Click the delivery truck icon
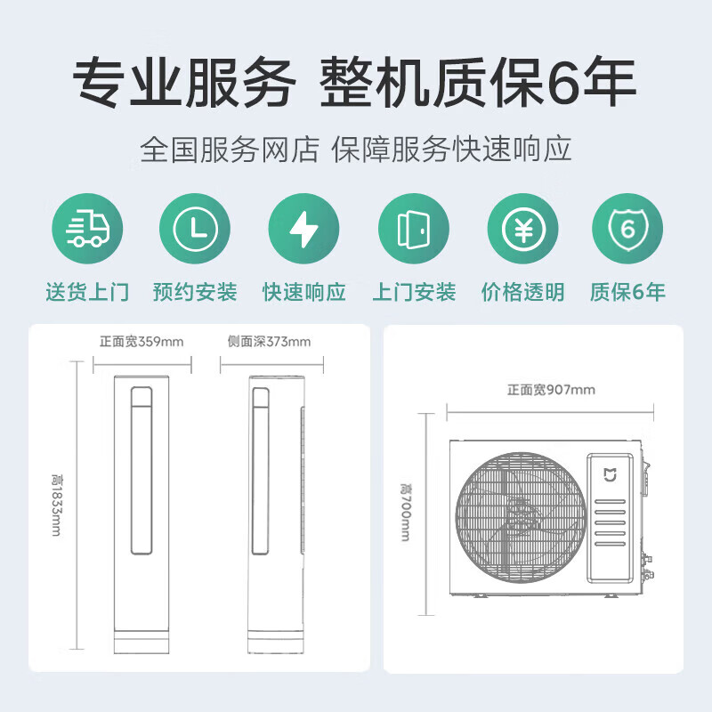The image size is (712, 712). pos(87,231)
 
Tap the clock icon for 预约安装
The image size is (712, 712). pos(195,231)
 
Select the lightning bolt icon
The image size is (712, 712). pos(303,231)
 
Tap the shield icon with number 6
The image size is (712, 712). pos(627,231)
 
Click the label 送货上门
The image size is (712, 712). pos(87,292)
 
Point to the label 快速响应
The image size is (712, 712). pos(303,292)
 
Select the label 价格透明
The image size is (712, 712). pos(522,292)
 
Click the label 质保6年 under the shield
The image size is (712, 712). pos(627,292)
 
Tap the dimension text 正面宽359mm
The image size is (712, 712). pos(142,342)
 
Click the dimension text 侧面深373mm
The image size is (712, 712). pos(270,342)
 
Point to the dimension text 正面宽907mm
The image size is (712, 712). pos(551,390)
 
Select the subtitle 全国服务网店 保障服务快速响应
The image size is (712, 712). pos(356,149)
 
